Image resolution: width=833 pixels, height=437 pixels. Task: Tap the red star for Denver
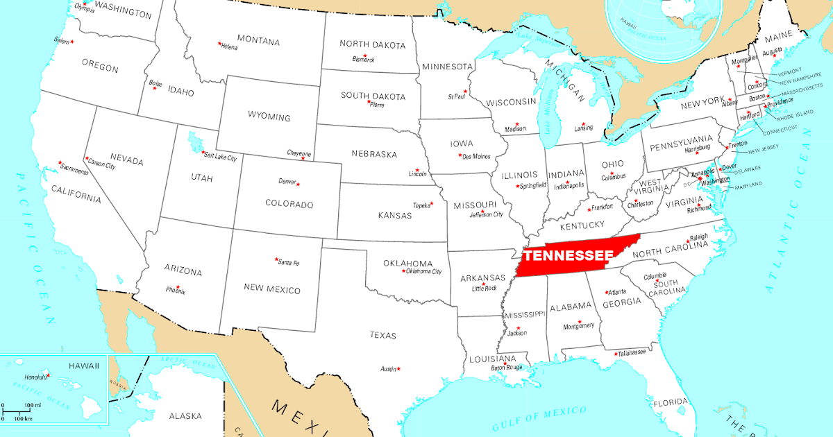click(298, 184)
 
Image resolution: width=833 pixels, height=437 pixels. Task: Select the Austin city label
click(387, 369)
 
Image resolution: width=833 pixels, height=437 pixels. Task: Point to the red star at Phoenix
click(178, 286)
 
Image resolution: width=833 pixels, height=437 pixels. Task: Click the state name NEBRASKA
click(373, 154)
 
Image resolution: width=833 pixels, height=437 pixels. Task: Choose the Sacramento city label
click(74, 171)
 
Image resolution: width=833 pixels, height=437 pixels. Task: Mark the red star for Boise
click(154, 88)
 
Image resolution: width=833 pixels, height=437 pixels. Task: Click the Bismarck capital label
click(363, 60)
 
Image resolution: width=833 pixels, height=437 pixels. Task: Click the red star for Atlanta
click(607, 292)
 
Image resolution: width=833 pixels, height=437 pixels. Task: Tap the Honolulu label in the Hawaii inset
click(35, 377)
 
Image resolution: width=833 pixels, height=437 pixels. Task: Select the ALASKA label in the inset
click(185, 416)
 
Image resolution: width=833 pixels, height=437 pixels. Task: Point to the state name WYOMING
click(269, 117)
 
